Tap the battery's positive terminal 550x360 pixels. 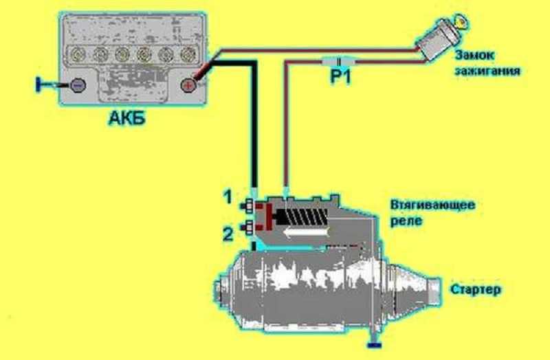tap(187, 86)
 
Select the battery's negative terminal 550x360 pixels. tap(78, 86)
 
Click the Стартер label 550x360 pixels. tap(475, 289)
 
